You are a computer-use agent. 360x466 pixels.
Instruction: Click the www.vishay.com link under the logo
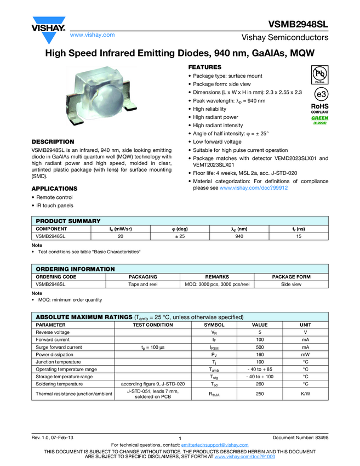(93, 35)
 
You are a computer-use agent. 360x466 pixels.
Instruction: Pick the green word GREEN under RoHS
(320, 118)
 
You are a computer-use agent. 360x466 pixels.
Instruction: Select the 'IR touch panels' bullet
(54, 206)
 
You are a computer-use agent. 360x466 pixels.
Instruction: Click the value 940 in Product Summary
(239, 236)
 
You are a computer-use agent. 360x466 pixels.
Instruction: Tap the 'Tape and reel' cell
(142, 285)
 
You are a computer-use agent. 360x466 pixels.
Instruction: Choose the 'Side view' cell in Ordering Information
(291, 285)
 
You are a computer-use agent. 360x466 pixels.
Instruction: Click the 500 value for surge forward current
(260, 347)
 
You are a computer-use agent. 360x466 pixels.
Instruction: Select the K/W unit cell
(305, 394)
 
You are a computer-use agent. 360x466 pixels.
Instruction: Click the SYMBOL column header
(214, 325)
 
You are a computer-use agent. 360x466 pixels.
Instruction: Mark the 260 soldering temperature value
(260, 384)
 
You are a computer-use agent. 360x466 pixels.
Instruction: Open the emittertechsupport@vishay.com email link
(215, 445)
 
